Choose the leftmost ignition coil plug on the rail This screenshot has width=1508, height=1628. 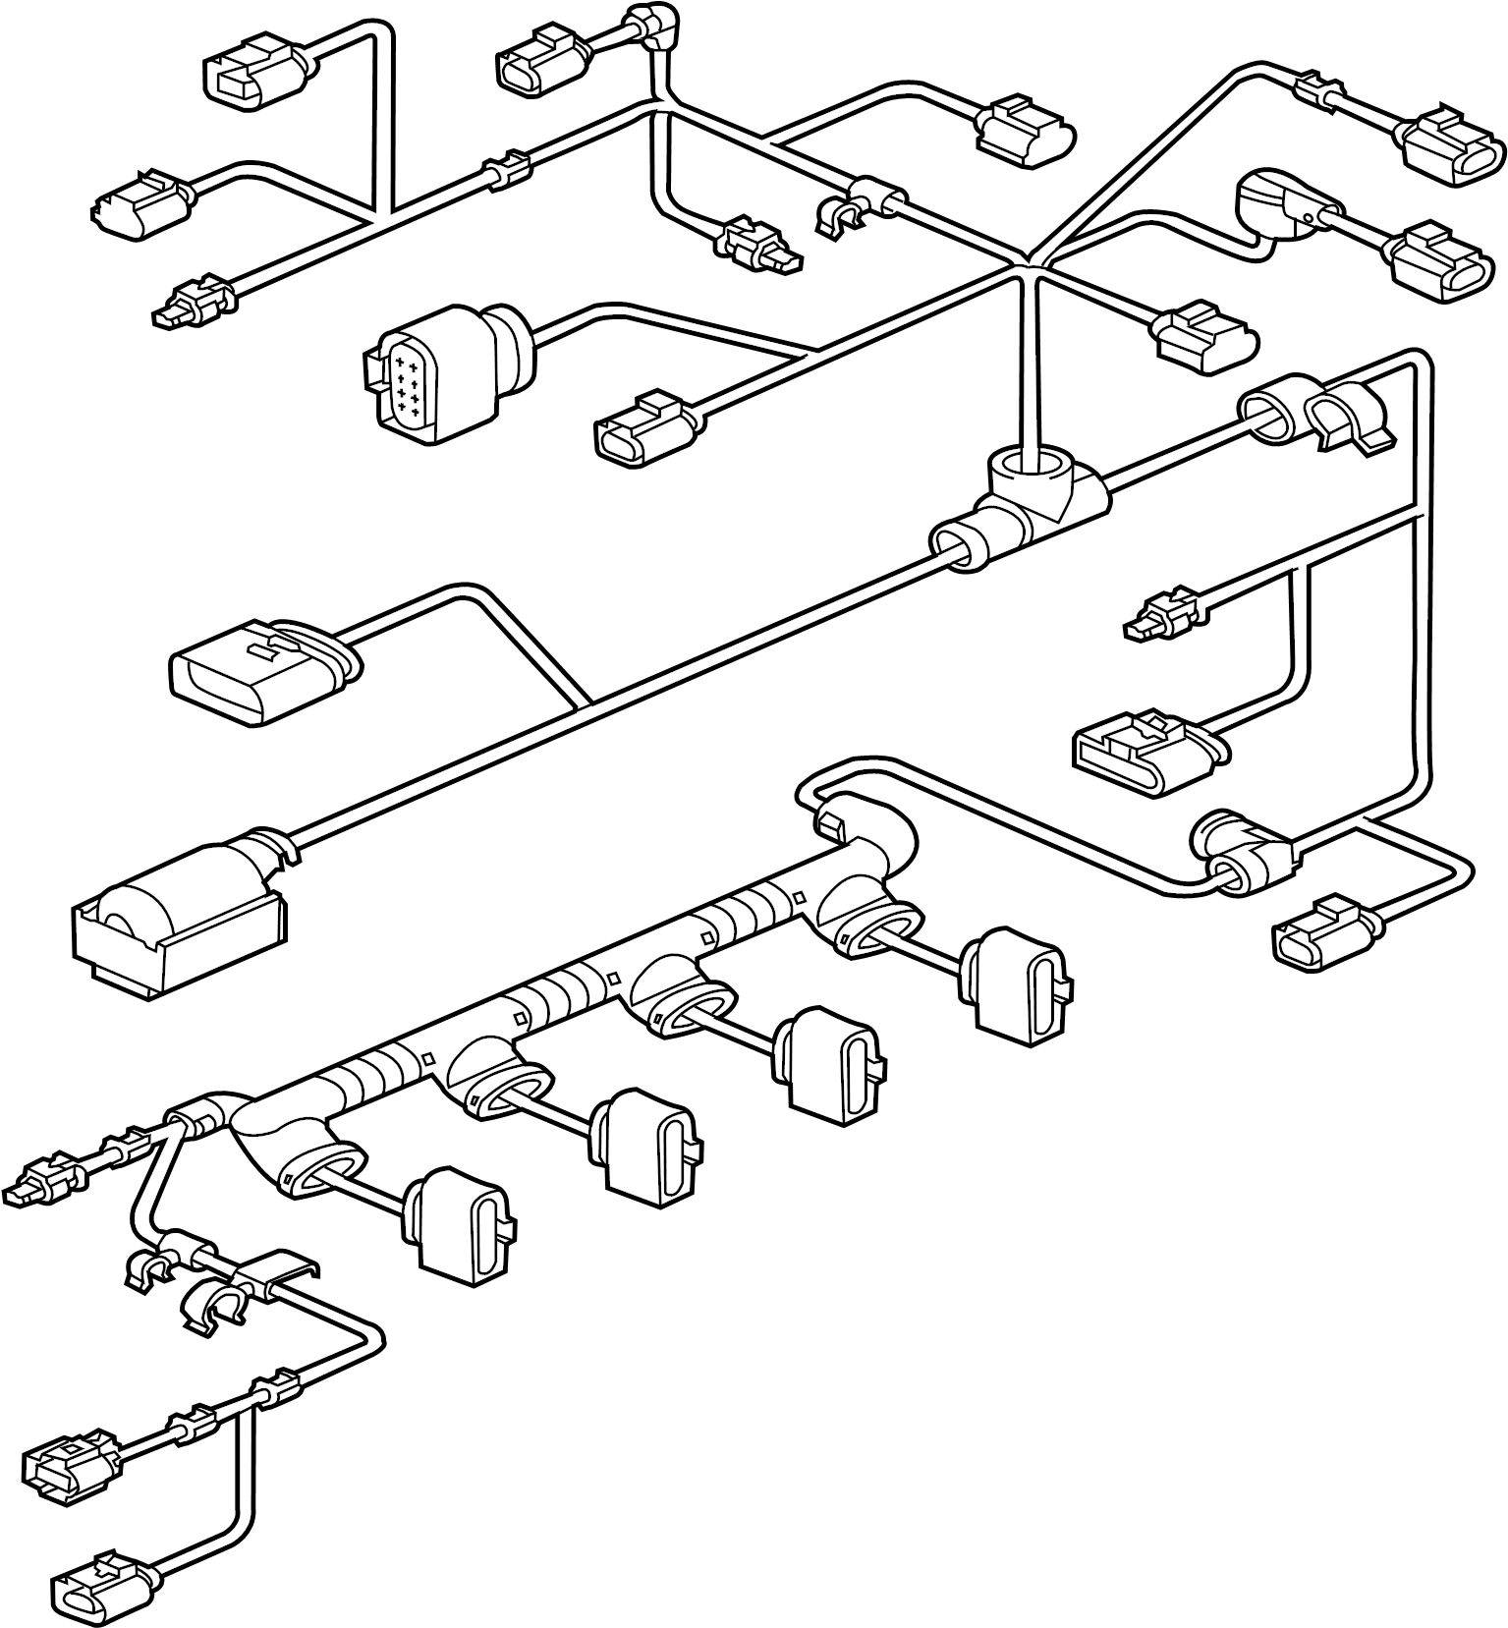462,1223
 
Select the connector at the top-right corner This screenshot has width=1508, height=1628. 1454,142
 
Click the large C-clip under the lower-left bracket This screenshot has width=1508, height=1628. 211,1307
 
